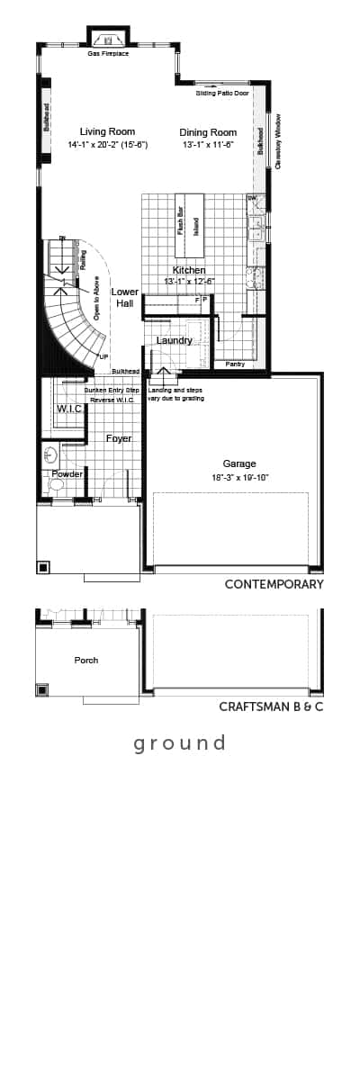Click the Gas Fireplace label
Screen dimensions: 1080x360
108,54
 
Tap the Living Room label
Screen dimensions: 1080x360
107,131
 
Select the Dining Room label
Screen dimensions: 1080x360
208,131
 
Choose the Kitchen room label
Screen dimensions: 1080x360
189,270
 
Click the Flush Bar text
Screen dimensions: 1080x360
181,220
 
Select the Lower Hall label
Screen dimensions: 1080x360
124,298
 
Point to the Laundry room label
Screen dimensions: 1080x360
174,340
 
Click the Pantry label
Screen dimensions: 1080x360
235,364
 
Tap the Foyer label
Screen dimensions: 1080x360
119,438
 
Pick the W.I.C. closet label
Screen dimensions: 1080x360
69,409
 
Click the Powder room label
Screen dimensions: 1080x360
67,474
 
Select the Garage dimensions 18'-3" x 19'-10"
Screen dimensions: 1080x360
239,477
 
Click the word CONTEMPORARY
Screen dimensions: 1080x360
274,584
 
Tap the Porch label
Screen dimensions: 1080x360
86,660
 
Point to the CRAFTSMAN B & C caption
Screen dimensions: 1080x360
271,706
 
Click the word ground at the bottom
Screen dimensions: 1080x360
179,743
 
